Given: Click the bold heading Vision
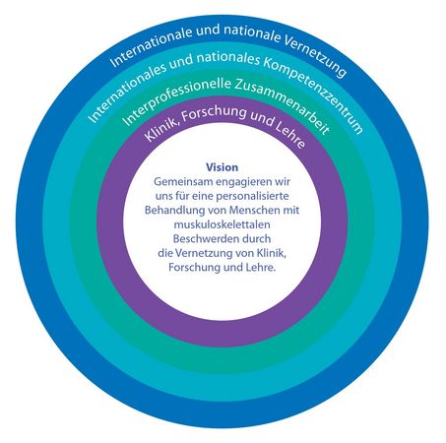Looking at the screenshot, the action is click(222, 167).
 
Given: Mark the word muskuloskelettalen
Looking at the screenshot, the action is click(223, 224).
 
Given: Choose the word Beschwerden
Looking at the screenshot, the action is click(207, 238).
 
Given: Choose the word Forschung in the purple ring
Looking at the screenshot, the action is click(214, 113).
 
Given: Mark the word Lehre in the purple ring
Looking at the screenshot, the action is click(290, 135).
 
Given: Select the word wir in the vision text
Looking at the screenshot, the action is click(285, 181).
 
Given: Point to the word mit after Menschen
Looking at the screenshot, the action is click(291, 210).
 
